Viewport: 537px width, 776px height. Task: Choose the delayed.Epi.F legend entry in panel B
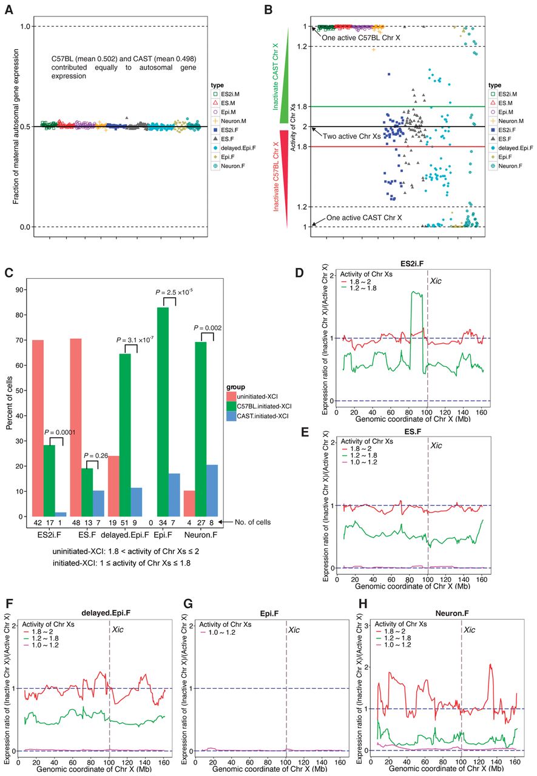point(511,148)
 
